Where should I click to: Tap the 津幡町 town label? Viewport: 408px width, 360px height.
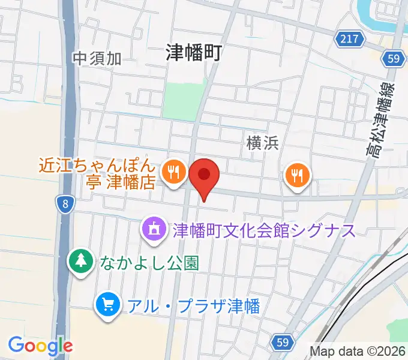pos(194,53)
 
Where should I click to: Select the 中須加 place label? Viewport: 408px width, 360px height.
pos(97,58)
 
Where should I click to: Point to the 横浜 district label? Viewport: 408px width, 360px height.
pos(262,142)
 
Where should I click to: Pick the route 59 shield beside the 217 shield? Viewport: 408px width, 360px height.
pos(393,58)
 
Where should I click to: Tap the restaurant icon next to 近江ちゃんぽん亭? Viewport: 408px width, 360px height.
pos(174,173)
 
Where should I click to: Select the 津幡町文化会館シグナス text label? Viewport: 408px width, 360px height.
pos(264,230)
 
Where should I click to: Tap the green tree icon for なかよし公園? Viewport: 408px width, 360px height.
pos(80,261)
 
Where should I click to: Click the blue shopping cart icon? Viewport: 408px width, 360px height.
pos(109,305)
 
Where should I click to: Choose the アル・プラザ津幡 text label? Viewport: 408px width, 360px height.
pos(193,306)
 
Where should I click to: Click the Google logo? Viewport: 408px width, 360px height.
pos(40,346)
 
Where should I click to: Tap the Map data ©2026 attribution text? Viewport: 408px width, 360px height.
pos(358,351)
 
